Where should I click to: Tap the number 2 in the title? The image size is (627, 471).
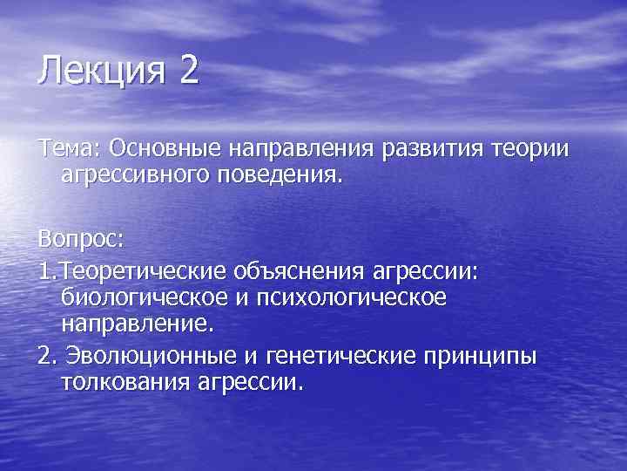(189, 70)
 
